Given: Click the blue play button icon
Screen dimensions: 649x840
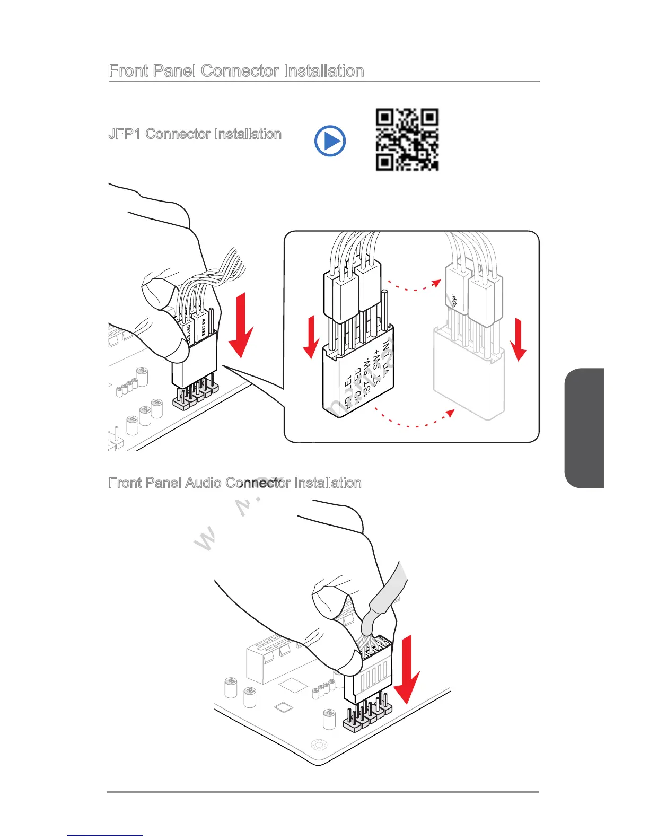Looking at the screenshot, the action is [330, 141].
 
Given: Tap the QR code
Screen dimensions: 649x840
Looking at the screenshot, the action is [407, 139].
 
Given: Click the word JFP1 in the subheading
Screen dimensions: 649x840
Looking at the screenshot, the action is [125, 134].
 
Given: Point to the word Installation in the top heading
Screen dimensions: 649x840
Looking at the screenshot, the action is [323, 71].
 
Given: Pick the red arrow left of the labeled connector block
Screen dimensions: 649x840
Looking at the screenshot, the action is [312, 337].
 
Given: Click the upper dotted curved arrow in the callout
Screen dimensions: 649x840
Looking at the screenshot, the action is [414, 287].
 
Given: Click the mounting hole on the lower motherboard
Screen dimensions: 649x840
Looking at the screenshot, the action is [319, 745].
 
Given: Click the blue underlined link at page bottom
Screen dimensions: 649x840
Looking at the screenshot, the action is [105, 836].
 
